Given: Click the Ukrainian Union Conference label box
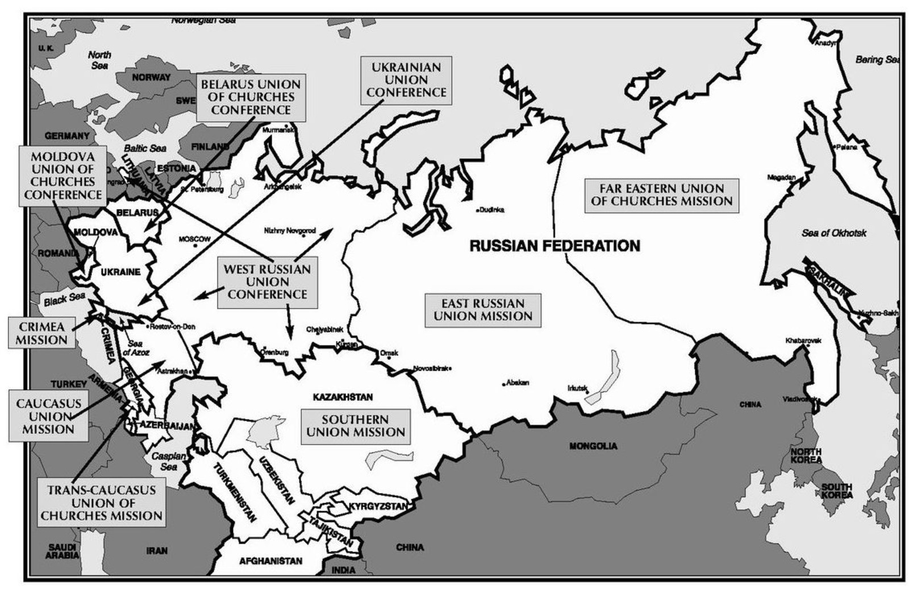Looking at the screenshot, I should coord(406,80).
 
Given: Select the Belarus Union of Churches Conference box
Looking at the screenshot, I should coord(251,97).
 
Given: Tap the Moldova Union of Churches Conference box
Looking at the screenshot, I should coord(62,175).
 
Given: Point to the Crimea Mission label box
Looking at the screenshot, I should coord(41,333).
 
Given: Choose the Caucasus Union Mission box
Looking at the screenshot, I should coord(48,416).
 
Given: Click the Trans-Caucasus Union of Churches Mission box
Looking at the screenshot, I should coord(101,503).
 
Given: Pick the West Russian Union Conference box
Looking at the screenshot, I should coord(267,282).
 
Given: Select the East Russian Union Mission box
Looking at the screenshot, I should coord(483,310).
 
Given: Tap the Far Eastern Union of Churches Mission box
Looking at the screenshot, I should coord(661,194).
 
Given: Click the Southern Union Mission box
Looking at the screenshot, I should coord(355,426).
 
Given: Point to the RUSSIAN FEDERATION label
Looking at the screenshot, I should coord(554,246).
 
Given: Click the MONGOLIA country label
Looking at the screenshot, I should coord(593,446).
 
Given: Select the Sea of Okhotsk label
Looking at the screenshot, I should coord(834,233).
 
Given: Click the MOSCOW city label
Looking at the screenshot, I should coord(194,239).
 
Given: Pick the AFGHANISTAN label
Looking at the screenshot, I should coord(270,561).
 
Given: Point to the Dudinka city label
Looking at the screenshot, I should coord(491,210).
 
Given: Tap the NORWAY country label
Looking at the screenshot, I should coord(151,77).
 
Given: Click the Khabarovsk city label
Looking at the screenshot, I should coord(803,341).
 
